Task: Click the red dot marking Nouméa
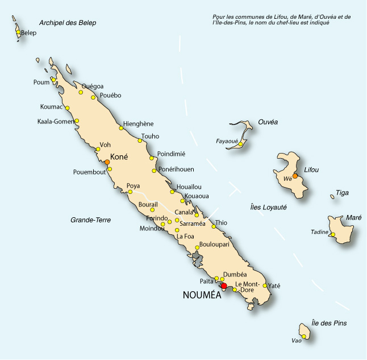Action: [x=224, y=286]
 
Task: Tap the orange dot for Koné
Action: [x=107, y=162]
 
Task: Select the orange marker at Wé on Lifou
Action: [x=295, y=176]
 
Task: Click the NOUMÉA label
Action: [x=203, y=295]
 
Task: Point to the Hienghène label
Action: [x=138, y=124]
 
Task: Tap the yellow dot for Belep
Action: [x=18, y=32]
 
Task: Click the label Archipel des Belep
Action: [x=68, y=23]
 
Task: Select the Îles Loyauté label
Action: [x=268, y=208]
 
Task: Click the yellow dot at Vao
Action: [x=304, y=337]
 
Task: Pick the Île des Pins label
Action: [x=329, y=323]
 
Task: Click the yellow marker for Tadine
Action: [x=333, y=235]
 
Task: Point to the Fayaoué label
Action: [x=227, y=141]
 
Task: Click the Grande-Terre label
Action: [x=90, y=220]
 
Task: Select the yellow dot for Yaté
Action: [x=265, y=285]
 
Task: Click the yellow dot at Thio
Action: [x=214, y=227]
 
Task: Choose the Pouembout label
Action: [x=89, y=172]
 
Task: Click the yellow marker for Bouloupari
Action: [x=197, y=247]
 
